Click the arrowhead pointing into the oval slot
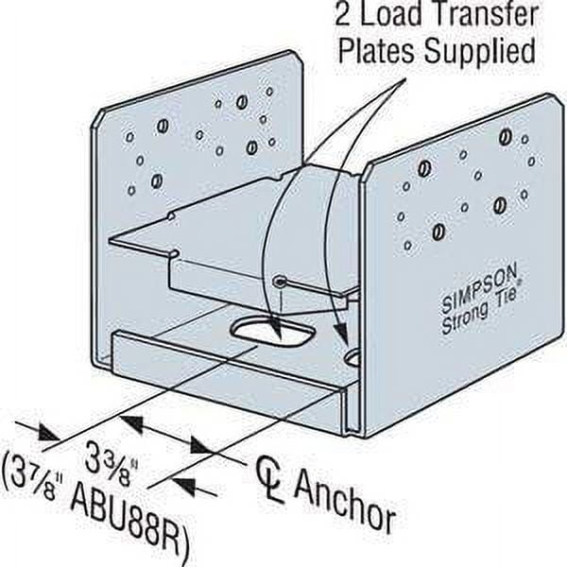point(276,333)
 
